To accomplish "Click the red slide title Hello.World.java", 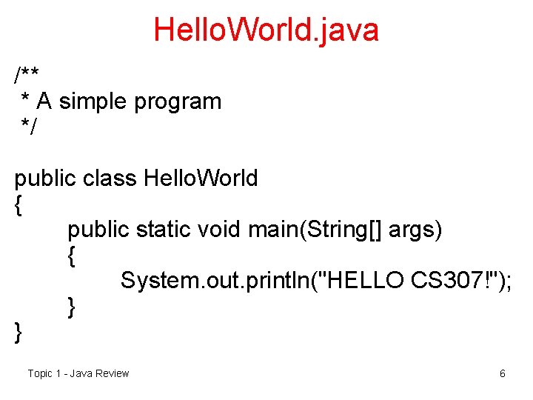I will (x=266, y=30).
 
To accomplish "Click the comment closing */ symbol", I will (x=28, y=127).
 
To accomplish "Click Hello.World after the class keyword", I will (x=201, y=179).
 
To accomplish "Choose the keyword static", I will (x=164, y=230).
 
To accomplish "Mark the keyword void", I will (x=220, y=230).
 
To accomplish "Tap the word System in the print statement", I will (x=155, y=281).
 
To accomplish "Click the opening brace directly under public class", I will (x=19, y=205).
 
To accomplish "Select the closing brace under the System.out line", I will (x=71, y=307).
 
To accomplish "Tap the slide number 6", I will (x=503, y=373).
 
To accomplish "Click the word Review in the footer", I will (x=112, y=373).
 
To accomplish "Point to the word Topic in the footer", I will (x=40, y=373).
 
